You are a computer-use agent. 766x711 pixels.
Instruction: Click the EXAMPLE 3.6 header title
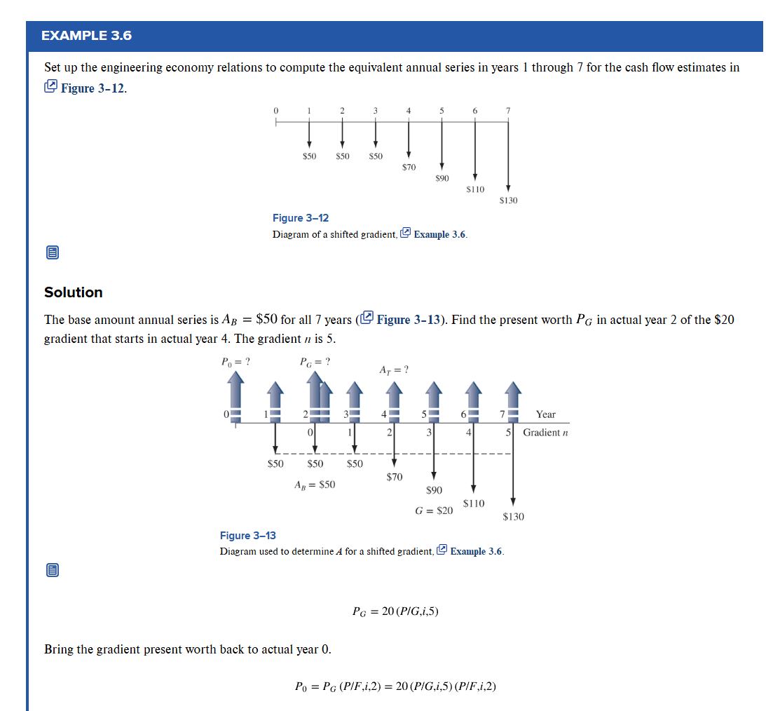coord(86,36)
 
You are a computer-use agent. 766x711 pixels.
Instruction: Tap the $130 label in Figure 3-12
coord(508,201)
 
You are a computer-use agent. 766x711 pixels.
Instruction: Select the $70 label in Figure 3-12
coord(409,167)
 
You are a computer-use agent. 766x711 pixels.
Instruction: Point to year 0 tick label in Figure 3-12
coord(275,111)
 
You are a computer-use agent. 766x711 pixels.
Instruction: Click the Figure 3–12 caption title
coord(301,218)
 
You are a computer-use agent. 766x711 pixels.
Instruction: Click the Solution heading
coord(73,292)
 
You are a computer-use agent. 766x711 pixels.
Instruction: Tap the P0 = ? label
coord(236,363)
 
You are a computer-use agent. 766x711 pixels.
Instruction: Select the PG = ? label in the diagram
coord(315,363)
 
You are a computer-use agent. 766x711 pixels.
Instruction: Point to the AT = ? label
coord(394,370)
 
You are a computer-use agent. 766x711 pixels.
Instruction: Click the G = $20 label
coord(434,511)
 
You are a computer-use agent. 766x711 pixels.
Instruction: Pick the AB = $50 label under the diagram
coord(315,485)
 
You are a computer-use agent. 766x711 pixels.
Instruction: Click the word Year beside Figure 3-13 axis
coord(545,414)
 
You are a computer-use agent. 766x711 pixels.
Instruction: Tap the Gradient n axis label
coord(545,432)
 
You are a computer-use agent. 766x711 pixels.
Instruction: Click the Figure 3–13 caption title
coord(248,536)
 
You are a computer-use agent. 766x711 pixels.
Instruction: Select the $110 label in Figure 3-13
coord(474,503)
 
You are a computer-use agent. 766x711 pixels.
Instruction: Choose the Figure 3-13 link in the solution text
coord(410,320)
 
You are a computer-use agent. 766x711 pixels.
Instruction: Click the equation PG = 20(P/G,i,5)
coord(396,611)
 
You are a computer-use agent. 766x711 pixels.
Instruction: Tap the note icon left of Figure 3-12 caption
coord(51,252)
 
